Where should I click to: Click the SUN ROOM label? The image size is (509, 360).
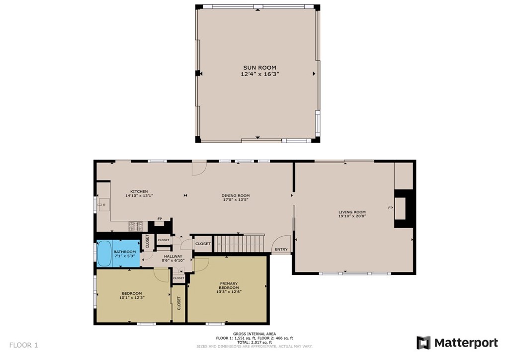(259, 68)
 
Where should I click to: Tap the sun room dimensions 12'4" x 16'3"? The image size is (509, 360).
(259, 74)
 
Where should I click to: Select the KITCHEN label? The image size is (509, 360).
(139, 191)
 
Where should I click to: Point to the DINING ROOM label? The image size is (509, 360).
(235, 196)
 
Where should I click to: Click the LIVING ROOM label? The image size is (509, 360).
(352, 212)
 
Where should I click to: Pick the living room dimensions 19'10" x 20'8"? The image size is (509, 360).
(352, 216)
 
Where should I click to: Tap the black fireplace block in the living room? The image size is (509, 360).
(404, 209)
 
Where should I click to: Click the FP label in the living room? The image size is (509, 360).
(390, 208)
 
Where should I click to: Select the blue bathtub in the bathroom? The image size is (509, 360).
(104, 253)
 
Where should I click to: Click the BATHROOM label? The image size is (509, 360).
(125, 252)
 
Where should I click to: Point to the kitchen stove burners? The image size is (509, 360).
(136, 226)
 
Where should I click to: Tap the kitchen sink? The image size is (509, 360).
(104, 205)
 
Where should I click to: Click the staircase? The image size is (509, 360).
(239, 244)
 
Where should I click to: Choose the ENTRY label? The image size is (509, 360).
(281, 249)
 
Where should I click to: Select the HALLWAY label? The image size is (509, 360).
(173, 256)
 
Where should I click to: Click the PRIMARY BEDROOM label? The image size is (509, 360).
(229, 285)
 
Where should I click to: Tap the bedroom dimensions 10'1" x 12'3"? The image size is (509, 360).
(132, 298)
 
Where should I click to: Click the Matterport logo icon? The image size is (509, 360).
(424, 343)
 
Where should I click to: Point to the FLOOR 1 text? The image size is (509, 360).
(24, 345)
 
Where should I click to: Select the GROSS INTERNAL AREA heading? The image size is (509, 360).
(254, 334)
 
